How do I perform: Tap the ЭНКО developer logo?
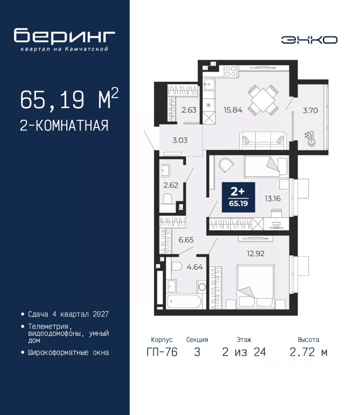[x=309, y=40]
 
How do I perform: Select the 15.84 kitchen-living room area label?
[x=233, y=110]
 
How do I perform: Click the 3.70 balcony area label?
[x=310, y=110]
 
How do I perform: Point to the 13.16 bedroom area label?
[x=273, y=198]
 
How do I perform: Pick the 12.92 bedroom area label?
[x=256, y=254]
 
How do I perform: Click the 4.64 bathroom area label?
[x=195, y=267]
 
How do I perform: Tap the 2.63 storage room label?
[x=189, y=109]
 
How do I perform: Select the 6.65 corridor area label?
[x=186, y=240]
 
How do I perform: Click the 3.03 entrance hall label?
[x=180, y=140]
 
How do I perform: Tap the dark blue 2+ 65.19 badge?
[x=238, y=197]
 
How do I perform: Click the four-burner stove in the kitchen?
[x=231, y=71]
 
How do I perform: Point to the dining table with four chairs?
[x=263, y=100]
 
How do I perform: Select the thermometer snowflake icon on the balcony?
[x=310, y=138]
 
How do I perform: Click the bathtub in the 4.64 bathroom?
[x=185, y=301]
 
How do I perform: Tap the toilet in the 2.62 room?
[x=167, y=199]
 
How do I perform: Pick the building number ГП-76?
[x=162, y=352]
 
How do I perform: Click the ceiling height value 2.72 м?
[x=309, y=352]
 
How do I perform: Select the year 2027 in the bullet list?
[x=101, y=314]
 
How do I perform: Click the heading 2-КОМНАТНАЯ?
[x=64, y=125]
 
